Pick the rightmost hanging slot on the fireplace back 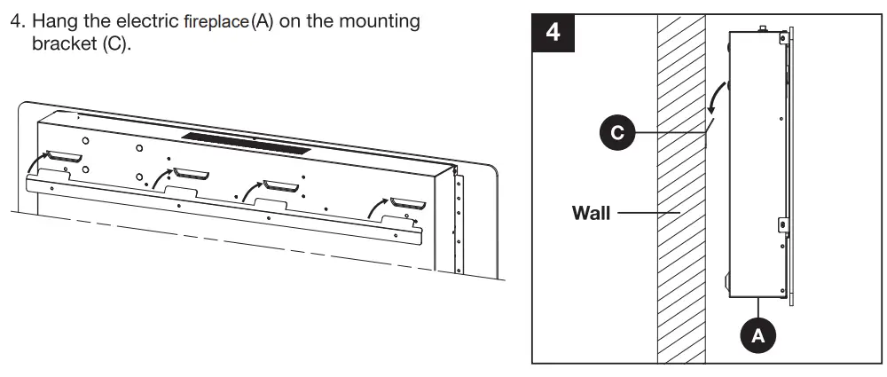(x=408, y=204)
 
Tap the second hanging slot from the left (x=190, y=172)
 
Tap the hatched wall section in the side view (x=680, y=266)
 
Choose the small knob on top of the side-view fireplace (x=761, y=29)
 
